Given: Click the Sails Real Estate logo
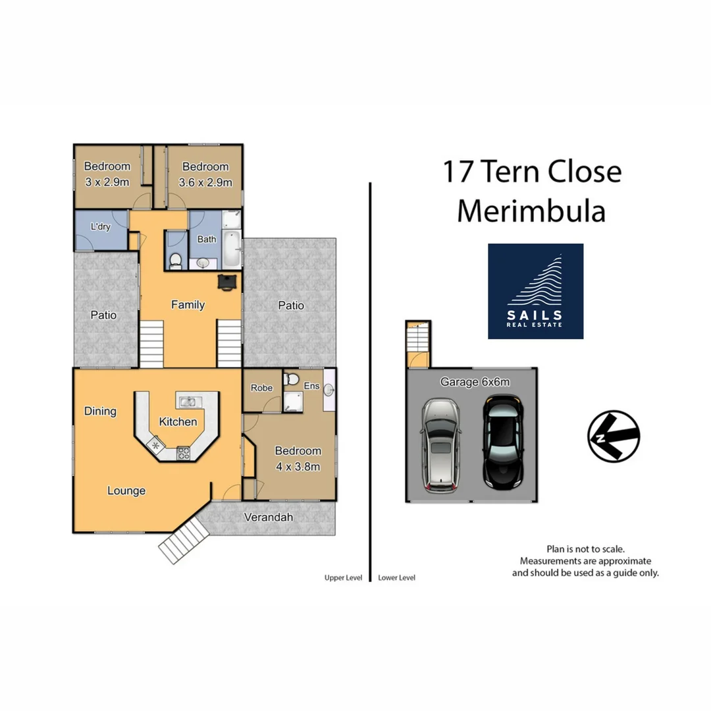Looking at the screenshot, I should click(x=535, y=291).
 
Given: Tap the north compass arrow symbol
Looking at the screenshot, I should click(x=614, y=435).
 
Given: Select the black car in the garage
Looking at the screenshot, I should click(x=502, y=442).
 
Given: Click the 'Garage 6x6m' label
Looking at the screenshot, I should click(x=475, y=381).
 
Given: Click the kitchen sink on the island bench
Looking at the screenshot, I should click(x=187, y=401).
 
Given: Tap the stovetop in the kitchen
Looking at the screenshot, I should click(x=183, y=452).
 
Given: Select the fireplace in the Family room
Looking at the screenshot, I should click(x=228, y=282).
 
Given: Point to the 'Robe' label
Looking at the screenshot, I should click(x=261, y=388).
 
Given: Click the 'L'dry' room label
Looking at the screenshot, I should click(x=100, y=226).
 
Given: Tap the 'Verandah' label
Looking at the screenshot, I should click(x=268, y=517).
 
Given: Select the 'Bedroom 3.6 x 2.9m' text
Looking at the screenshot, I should click(x=205, y=174).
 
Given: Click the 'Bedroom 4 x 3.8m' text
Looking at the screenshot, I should click(x=298, y=459).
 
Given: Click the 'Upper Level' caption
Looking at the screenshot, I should click(x=343, y=578).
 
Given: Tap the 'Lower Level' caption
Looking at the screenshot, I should click(x=396, y=578).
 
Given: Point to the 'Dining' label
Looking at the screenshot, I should click(x=100, y=411).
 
